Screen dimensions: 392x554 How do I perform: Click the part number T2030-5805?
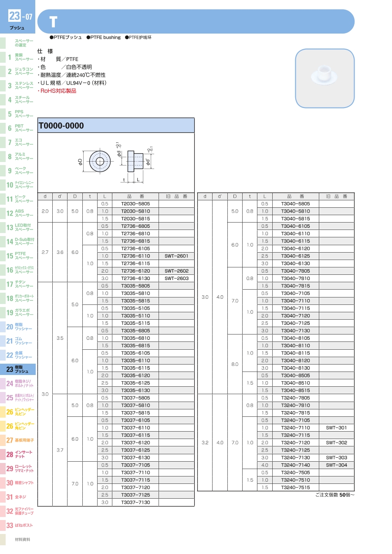coord(135,204)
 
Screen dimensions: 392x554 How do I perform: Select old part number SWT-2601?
coord(176,256)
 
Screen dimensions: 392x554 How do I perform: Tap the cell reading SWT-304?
coord(336,465)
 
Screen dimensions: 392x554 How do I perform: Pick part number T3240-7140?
coord(295,465)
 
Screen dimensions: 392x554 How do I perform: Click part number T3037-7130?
coord(135,502)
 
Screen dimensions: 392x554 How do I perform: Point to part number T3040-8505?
coord(295,375)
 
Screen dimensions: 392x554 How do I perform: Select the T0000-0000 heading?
coord(61,125)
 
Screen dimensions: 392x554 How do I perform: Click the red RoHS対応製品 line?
coord(57,91)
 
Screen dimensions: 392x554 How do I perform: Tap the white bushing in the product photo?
coord(324,75)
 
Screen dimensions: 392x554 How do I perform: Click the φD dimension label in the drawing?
coord(80,162)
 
